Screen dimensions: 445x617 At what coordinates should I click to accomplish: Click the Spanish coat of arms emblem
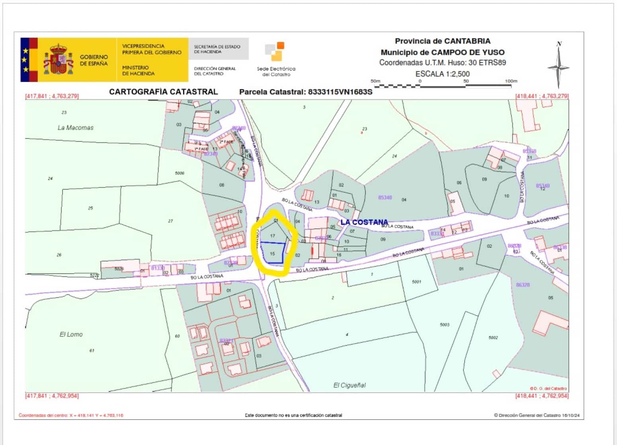click(x=59, y=60)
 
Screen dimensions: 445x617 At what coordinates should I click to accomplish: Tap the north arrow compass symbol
click(x=558, y=66)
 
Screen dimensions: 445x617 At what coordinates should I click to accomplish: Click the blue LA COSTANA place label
click(x=364, y=222)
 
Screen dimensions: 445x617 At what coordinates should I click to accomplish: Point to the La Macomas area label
click(x=76, y=128)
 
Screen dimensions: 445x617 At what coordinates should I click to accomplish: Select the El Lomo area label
click(x=71, y=334)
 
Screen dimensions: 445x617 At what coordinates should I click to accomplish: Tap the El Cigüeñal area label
click(x=349, y=385)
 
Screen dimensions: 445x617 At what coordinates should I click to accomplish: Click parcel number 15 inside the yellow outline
click(x=273, y=254)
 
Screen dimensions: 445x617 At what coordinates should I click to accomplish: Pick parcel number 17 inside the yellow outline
click(x=273, y=236)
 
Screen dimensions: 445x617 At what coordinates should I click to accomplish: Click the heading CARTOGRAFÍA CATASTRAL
click(x=163, y=92)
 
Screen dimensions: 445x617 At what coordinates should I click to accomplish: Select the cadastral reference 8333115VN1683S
click(x=340, y=92)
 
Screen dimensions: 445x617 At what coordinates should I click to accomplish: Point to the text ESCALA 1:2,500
click(x=442, y=74)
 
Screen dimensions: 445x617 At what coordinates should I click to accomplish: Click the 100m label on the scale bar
click(x=511, y=81)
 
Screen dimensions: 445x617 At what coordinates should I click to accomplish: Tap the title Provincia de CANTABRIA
click(x=442, y=41)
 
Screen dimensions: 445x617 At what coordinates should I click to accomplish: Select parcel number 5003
click(x=444, y=325)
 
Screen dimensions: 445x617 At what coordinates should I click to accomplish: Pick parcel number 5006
click(x=180, y=173)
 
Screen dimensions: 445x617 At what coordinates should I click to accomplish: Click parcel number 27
click(x=170, y=221)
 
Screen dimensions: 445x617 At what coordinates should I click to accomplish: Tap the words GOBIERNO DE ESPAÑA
click(x=94, y=60)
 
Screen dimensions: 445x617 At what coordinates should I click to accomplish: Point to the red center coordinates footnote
click(x=71, y=416)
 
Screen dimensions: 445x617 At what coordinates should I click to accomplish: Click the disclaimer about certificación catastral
click(x=293, y=416)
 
